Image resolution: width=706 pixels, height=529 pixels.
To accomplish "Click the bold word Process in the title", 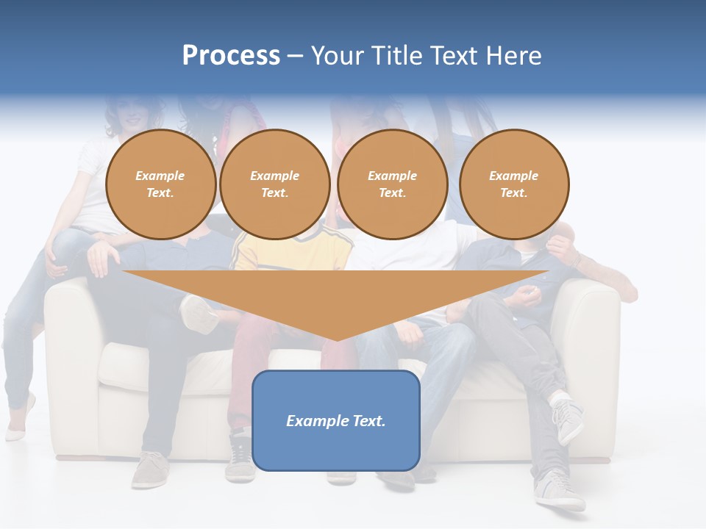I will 231,56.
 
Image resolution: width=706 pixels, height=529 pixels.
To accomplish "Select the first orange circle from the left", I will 160,184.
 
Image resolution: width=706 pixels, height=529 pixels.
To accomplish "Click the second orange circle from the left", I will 274,184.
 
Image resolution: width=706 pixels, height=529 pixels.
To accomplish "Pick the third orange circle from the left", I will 392,184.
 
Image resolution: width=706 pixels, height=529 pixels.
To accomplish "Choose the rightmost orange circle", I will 514,184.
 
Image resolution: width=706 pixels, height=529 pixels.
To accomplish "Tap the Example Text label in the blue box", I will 336,421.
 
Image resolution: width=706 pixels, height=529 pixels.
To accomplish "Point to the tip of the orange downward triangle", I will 337,339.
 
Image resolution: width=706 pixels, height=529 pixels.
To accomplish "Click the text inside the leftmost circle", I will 160,184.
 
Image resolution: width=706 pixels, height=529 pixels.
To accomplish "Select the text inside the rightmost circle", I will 514,184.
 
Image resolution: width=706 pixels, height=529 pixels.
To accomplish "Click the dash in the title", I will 295,57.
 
